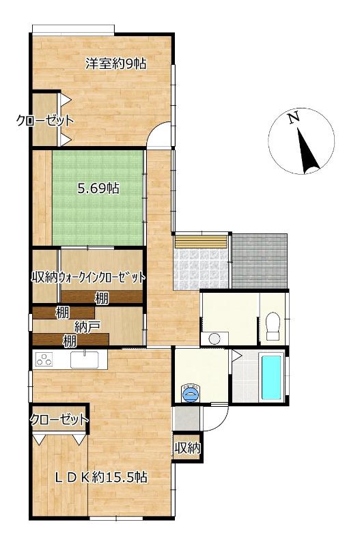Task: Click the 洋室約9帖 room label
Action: tap(116, 63)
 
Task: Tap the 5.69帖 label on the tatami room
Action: tap(98, 188)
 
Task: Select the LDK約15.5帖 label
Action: tap(101, 477)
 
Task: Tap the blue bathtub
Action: tap(271, 377)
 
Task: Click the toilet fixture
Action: tap(273, 326)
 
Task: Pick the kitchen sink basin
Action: tap(84, 360)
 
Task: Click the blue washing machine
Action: tap(191, 394)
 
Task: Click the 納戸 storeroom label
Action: tap(87, 327)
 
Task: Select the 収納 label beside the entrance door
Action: tap(187, 448)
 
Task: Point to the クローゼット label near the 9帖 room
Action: tap(45, 121)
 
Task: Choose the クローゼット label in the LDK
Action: tap(59, 419)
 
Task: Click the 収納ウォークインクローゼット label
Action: tap(88, 278)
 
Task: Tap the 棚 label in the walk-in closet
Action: tap(102, 298)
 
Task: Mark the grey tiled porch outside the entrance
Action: tap(260, 261)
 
